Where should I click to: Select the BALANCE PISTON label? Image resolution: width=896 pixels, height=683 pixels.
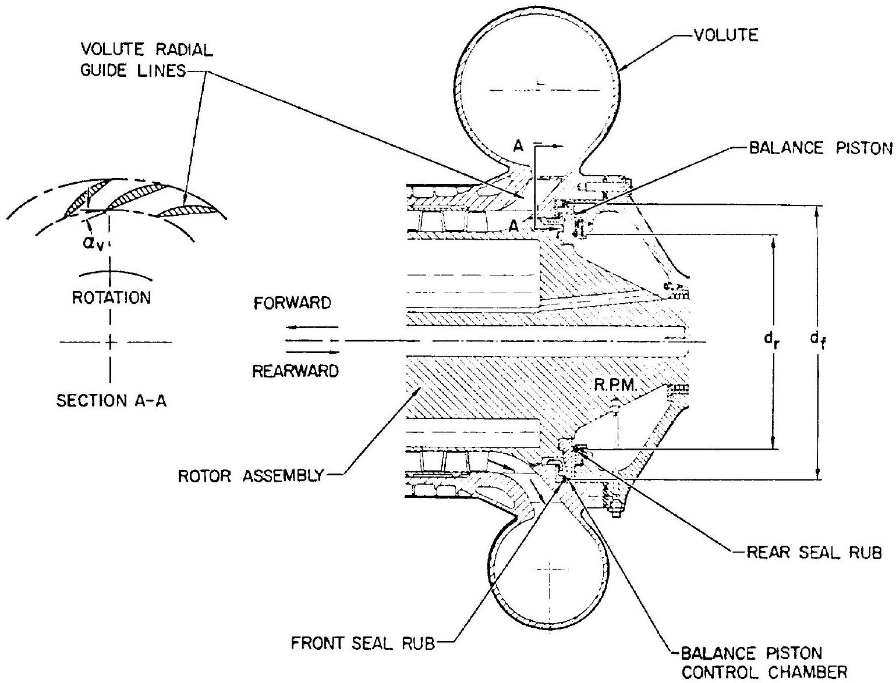coord(820,148)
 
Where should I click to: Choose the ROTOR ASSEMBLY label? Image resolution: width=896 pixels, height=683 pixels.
coord(251,475)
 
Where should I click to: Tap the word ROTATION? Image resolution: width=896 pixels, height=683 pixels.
coord(111,298)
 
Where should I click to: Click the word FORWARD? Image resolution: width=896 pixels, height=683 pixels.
coord(292,303)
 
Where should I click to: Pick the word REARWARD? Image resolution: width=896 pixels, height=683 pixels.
coord(296,371)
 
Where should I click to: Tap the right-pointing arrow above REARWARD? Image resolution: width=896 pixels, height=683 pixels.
coord(311,351)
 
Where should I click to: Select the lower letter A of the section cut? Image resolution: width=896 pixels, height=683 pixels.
coord(513,227)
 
